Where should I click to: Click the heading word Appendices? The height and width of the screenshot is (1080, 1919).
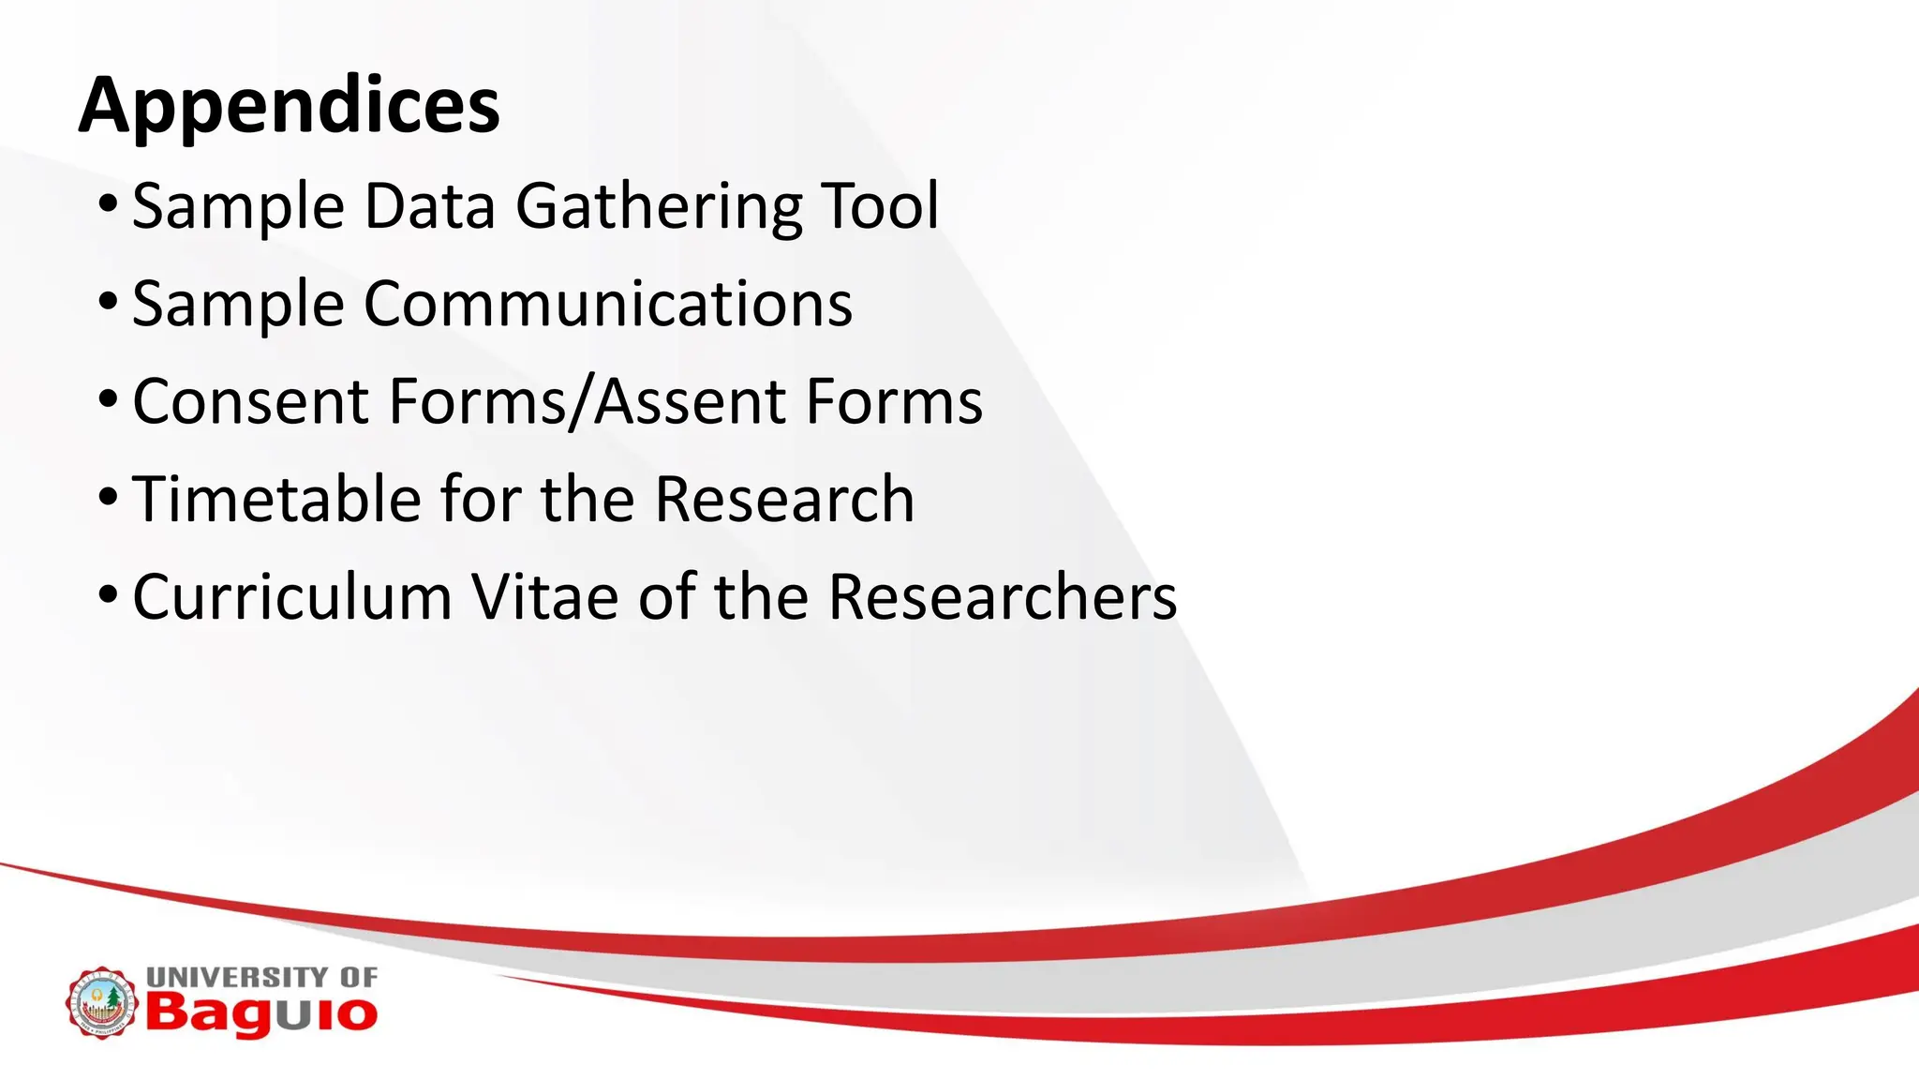pos(290,106)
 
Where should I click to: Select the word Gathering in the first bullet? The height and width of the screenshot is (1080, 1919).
pos(659,206)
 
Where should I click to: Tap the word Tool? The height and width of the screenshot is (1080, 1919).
pos(880,206)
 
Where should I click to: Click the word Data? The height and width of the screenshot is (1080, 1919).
pos(429,206)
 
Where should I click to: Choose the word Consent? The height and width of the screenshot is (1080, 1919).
pos(250,401)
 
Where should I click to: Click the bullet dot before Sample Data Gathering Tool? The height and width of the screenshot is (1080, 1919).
pos(108,203)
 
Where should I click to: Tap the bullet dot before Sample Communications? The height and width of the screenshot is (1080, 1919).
pos(108,301)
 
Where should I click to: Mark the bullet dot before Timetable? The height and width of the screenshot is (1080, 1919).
pos(108,496)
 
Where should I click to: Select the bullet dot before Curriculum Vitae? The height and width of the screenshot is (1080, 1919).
pos(108,593)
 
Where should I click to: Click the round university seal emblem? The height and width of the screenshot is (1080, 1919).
pos(101,1002)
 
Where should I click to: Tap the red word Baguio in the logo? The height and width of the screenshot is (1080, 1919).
pos(261,1014)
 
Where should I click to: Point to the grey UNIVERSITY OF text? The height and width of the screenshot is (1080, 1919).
pos(261,977)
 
